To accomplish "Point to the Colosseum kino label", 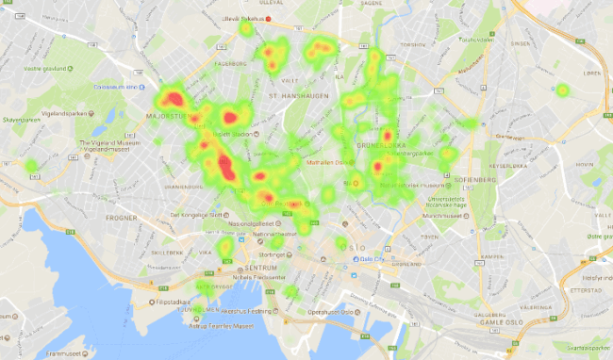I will (x=115, y=86).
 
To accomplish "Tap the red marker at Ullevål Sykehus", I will (x=268, y=18).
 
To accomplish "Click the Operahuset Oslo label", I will (x=329, y=313).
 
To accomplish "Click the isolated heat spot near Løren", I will (x=562, y=91).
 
